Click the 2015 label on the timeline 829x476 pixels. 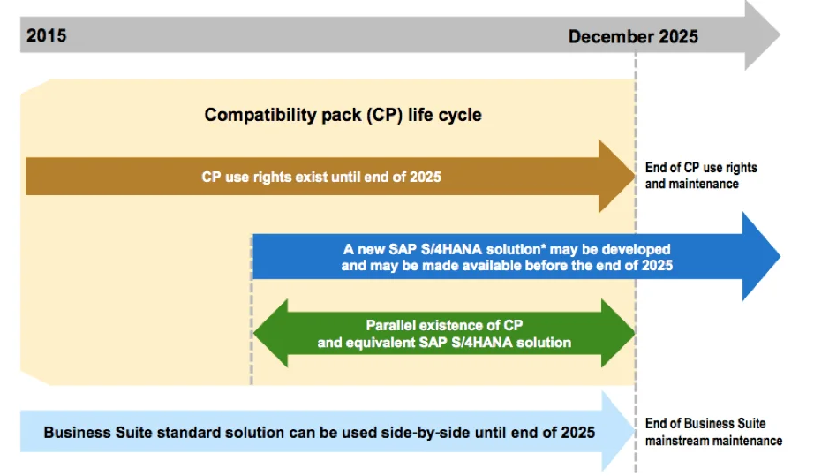tap(47, 36)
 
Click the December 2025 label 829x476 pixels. tap(633, 36)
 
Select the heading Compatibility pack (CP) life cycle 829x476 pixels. tap(343, 115)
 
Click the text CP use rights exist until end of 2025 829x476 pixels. tap(321, 177)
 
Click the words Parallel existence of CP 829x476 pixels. tap(450, 325)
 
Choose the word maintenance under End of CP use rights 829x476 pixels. tap(704, 184)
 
